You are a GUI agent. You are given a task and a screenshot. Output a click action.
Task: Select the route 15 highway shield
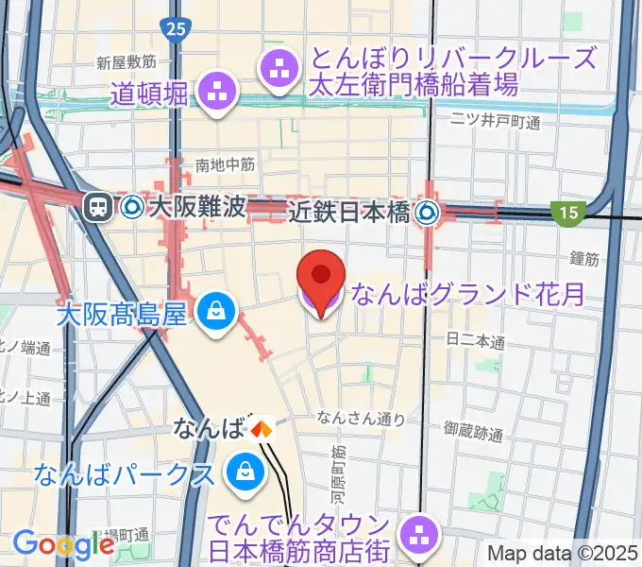coord(566,215)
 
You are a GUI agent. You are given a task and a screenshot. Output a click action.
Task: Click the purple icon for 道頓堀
coord(216,92)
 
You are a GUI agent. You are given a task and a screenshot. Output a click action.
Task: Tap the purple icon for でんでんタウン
coord(415,536)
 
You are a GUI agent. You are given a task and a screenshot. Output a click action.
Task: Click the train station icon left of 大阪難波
coord(97,207)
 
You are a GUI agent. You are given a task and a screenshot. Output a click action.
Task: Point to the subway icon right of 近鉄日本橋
coord(429,213)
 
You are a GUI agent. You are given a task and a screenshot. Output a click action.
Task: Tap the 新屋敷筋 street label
coord(126,61)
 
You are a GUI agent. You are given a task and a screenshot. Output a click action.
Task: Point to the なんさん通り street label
coord(361,418)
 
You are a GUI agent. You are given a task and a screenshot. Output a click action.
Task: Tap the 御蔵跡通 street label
coord(475,432)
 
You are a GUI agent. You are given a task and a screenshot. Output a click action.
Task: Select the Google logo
coord(63,545)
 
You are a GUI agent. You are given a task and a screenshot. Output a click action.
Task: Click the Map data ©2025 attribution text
coord(563,554)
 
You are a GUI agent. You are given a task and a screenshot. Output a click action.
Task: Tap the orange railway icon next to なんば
coord(261,429)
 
